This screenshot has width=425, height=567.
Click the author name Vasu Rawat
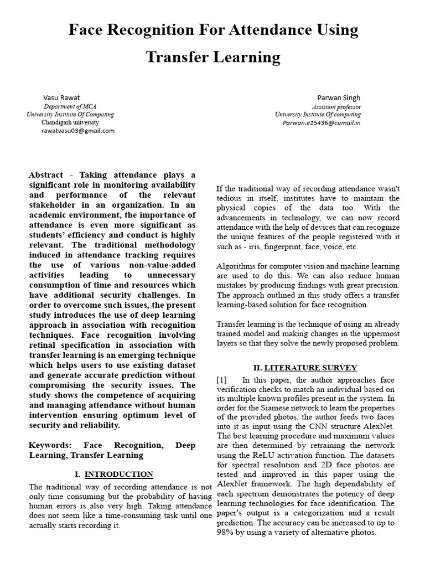point(61,97)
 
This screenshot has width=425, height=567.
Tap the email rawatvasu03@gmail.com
point(78,131)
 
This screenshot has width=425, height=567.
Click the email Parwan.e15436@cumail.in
point(322,122)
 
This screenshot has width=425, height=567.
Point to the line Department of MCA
point(70,106)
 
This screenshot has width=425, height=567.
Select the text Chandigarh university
point(70,122)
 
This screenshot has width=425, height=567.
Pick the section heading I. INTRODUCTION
point(113,474)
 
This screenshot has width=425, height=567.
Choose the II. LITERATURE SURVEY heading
point(305,368)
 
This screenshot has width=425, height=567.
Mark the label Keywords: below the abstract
point(50,445)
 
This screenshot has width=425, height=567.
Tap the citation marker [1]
point(222,380)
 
